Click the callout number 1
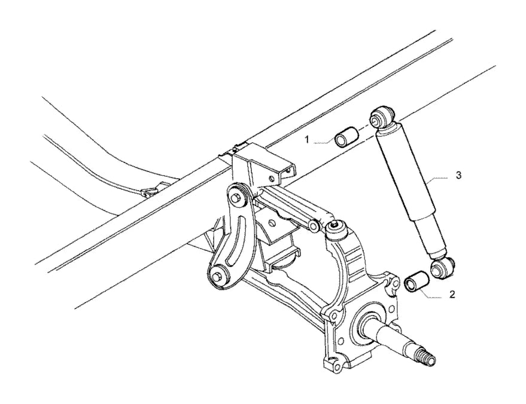[306, 140]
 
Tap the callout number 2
[452, 295]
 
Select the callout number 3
[458, 175]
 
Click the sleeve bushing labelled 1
[347, 136]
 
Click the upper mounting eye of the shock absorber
[382, 117]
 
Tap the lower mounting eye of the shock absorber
[441, 267]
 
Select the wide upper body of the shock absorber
[405, 174]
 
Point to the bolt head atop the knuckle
[335, 226]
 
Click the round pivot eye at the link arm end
[314, 226]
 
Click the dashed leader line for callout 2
[432, 295]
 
